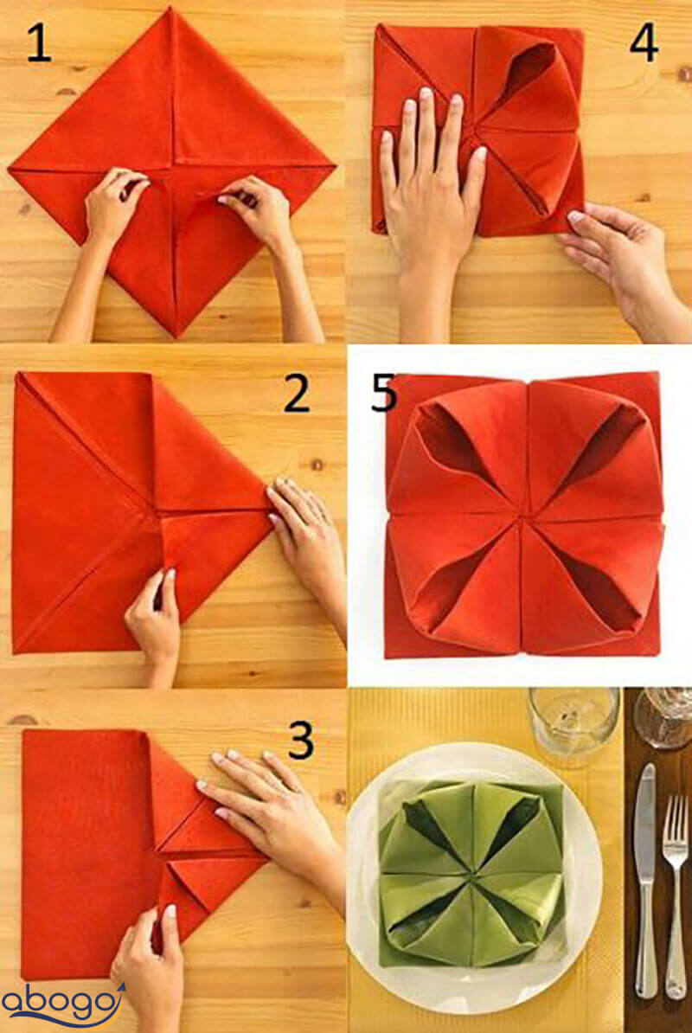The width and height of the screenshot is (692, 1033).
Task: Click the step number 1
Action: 40,45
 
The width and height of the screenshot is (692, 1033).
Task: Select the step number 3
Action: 301,740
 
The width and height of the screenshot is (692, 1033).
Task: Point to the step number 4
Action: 644,42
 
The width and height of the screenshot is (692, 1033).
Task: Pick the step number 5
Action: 383,394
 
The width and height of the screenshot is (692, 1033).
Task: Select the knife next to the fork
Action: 646,880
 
